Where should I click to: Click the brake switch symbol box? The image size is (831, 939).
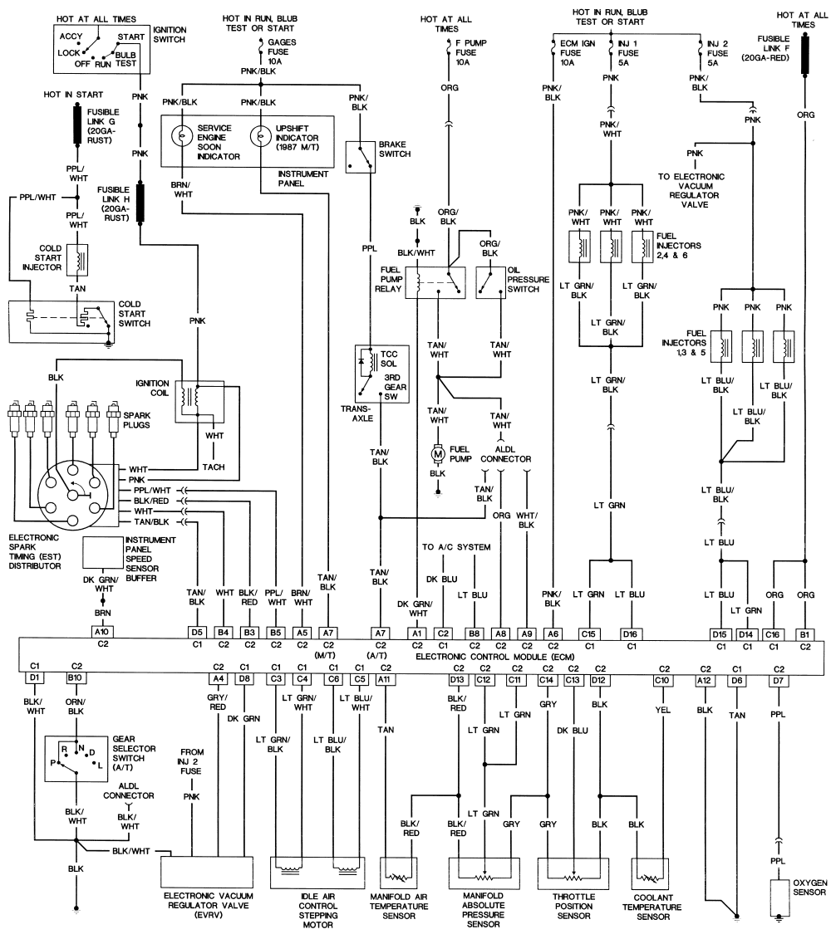tap(361, 157)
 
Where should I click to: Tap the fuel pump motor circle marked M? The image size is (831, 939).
tap(438, 454)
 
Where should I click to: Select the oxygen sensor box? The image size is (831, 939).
tap(779, 896)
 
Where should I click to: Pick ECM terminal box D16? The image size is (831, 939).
tap(630, 633)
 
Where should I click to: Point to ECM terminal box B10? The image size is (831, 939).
tap(75, 677)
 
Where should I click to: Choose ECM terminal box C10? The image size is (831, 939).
tap(662, 680)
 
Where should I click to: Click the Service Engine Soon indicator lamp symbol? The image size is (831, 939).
tap(180, 136)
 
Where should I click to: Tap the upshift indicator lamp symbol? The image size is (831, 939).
tap(259, 136)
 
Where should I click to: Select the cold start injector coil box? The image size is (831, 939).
tap(77, 260)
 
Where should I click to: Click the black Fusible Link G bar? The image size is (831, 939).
tap(77, 124)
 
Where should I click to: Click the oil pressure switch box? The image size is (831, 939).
tap(490, 282)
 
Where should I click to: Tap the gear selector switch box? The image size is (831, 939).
tap(76, 759)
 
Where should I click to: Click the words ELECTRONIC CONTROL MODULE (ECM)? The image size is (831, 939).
tap(494, 657)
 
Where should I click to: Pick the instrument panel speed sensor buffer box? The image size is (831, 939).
tap(102, 552)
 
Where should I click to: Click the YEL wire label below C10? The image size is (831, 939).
tap(662, 710)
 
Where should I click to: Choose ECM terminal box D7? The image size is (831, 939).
tap(778, 680)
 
